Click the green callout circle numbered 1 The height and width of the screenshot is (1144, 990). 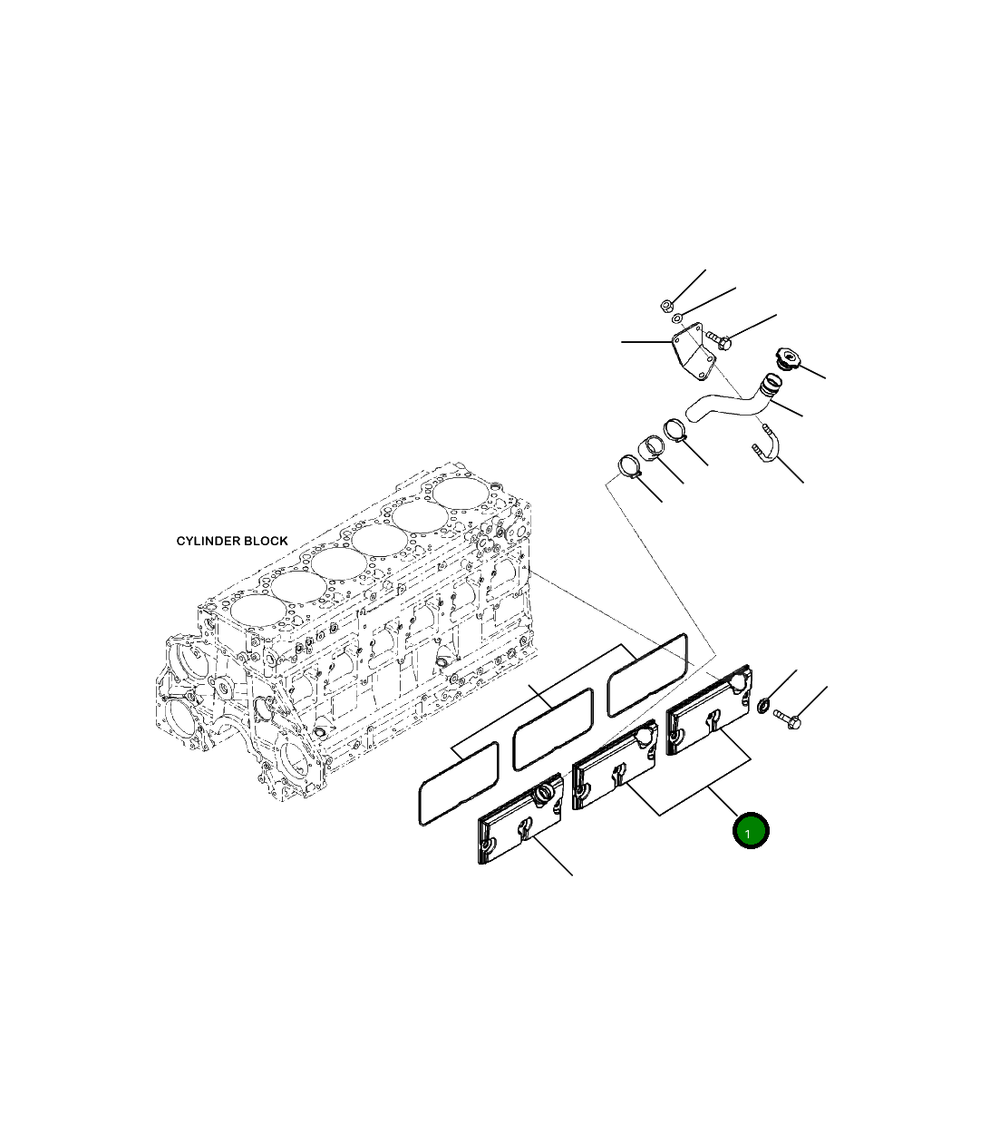coord(750,831)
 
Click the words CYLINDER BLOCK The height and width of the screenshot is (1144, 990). coord(232,541)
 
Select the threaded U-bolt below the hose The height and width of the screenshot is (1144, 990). coord(766,446)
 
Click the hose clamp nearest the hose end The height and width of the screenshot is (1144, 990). coord(675,428)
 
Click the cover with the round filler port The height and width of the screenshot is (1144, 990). coord(519,822)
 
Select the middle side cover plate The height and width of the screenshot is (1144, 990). coord(615,767)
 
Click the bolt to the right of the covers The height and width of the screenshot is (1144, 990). coord(788,719)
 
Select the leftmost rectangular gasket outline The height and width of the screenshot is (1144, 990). coord(458,786)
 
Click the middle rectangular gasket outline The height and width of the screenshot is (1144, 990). coord(552,729)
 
